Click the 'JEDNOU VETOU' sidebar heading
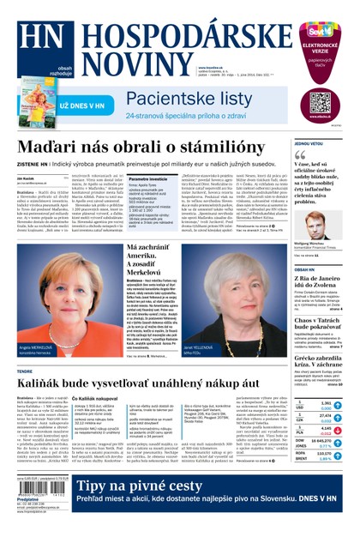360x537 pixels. [x=309, y=144]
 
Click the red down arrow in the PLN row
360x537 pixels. [x=338, y=432]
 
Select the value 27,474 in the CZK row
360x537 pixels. [x=324, y=415]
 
